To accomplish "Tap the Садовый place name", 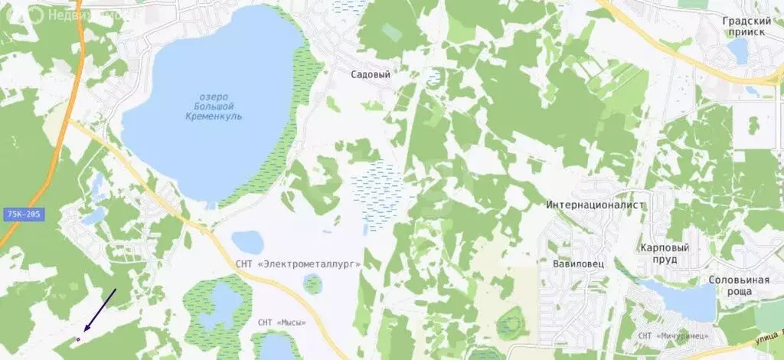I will coord(371,75).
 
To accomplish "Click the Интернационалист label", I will coord(596,205).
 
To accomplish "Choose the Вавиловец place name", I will coord(575,263).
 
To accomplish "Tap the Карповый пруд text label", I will coord(665,254).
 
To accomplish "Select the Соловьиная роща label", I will coord(738,286).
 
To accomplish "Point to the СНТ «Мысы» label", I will coord(282,322).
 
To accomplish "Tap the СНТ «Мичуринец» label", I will coord(673,335).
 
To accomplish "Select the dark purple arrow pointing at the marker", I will coord(99,311).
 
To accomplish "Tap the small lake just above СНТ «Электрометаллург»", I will coord(247,241).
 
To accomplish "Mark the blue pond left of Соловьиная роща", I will coord(681,299).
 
